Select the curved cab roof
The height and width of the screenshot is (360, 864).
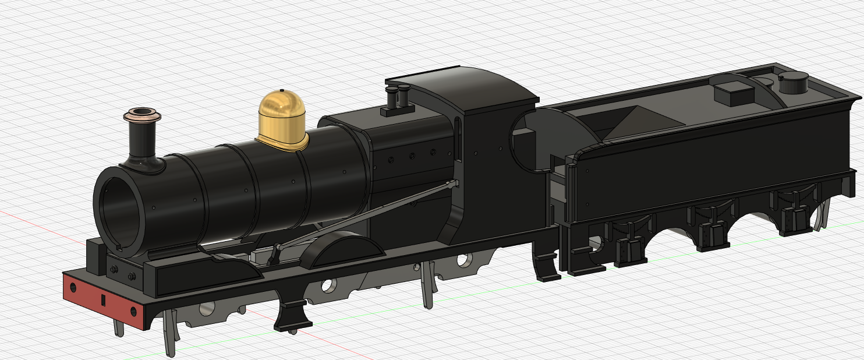(x=466, y=87)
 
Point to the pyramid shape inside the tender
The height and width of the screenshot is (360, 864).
(x=640, y=122)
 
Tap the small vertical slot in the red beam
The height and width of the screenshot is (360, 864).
(x=102, y=300)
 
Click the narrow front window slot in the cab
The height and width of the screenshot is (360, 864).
(x=459, y=140)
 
